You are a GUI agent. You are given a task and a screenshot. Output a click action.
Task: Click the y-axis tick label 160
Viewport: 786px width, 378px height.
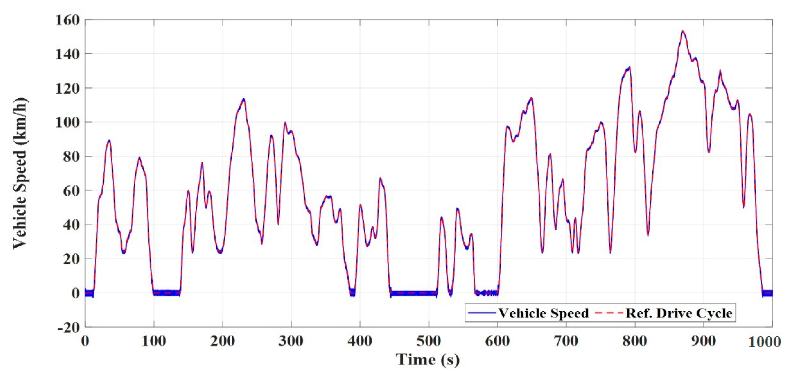[67, 20]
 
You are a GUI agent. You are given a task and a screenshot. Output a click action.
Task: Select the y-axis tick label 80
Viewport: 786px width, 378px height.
[71, 157]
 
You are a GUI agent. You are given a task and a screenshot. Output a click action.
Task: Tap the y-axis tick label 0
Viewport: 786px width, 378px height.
[75, 293]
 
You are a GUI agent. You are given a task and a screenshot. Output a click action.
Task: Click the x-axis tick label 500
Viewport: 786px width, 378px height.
[429, 341]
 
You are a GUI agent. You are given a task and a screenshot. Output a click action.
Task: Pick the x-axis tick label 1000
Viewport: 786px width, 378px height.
[764, 342]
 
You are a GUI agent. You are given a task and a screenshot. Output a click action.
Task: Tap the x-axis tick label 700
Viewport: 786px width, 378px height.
[566, 341]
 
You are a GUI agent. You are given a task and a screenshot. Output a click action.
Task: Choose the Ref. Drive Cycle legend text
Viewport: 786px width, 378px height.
[679, 313]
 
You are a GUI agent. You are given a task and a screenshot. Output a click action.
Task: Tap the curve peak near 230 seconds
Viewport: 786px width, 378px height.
[243, 100]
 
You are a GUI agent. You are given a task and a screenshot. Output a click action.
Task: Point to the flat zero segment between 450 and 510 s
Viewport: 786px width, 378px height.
[413, 293]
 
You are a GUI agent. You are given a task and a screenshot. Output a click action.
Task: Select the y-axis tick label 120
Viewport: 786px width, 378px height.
[67, 88]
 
